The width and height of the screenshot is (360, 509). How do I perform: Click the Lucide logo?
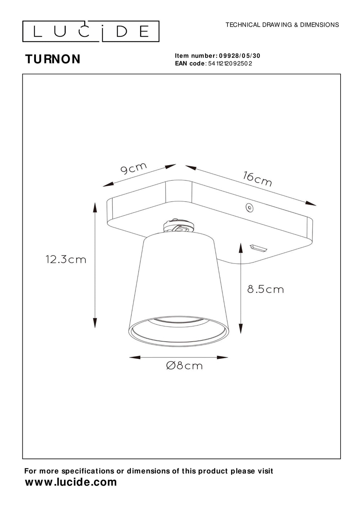91,31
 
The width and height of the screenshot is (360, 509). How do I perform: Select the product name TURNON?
53,59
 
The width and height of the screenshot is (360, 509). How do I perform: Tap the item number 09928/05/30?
239,56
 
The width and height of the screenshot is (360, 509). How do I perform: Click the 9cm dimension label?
134,168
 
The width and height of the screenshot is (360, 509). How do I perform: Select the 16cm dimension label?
257,179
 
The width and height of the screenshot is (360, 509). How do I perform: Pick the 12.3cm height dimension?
66,259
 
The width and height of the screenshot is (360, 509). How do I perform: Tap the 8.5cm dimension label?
265,289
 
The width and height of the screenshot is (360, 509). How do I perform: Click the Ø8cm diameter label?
184,366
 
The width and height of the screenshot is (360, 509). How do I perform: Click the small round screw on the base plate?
248,207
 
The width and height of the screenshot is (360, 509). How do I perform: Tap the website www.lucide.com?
71,482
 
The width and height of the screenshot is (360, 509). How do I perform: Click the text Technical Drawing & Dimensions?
282,25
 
